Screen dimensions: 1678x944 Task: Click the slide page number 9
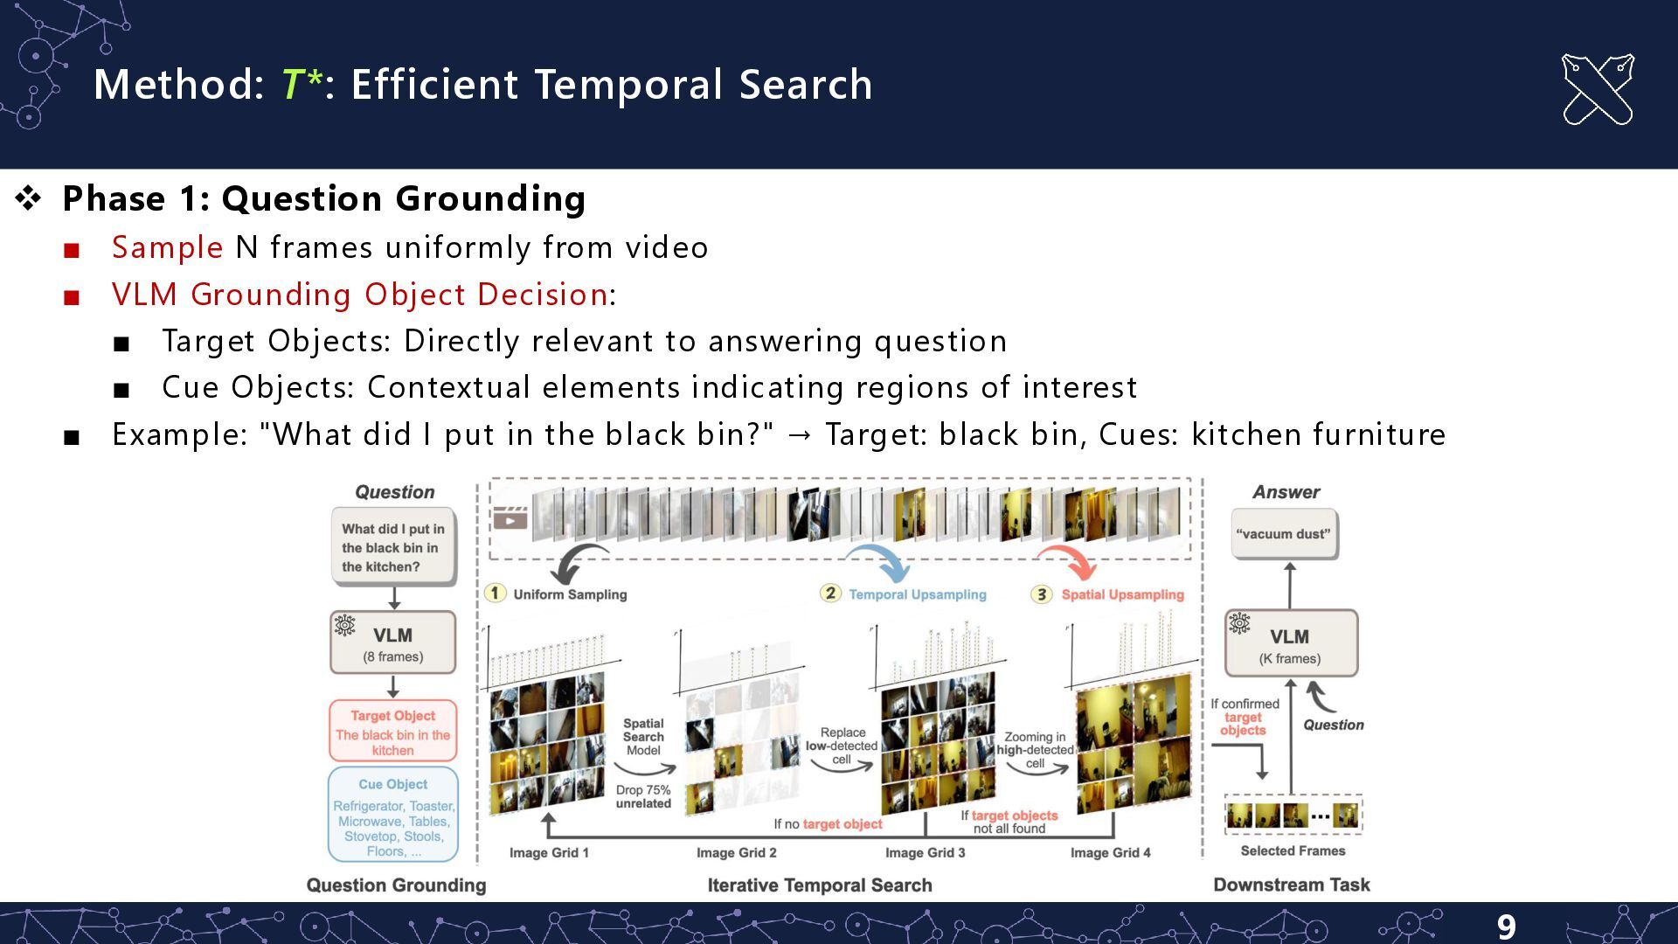coord(1506,926)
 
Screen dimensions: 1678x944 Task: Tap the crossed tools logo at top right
coord(1597,89)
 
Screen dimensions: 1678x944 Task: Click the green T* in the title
coord(301,85)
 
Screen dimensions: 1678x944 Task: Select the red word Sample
coord(167,247)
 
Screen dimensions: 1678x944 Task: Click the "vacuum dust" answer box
coord(1283,534)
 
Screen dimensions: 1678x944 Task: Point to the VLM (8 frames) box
coord(392,643)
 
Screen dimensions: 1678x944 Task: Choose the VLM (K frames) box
coord(1290,644)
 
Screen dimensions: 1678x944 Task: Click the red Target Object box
coord(392,732)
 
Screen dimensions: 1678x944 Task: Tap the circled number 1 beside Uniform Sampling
coord(495,593)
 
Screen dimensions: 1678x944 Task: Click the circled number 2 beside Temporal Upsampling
coord(829,593)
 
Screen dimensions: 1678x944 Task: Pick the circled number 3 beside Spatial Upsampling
coord(1041,594)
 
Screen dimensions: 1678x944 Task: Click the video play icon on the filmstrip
coord(510,519)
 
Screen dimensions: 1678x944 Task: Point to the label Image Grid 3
coord(925,852)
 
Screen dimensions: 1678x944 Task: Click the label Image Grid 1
coord(549,852)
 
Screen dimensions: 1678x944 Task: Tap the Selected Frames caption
coord(1293,850)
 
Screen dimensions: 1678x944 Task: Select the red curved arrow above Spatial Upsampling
coord(1068,561)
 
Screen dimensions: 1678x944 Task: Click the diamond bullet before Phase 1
coord(28,198)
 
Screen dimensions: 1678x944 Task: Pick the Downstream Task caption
coord(1291,885)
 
